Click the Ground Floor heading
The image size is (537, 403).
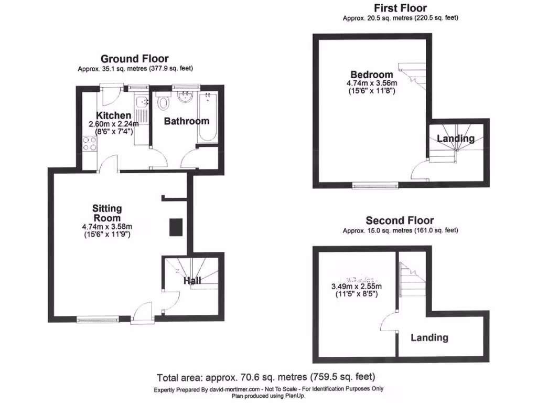pos(134,59)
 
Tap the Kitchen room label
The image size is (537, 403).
pos(113,115)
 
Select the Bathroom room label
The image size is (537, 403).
pos(187,121)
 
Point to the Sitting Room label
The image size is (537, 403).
pos(107,214)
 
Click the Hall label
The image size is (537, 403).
pos(192,281)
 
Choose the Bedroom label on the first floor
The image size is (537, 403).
pos(371,75)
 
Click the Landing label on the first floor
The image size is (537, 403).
pos(455,139)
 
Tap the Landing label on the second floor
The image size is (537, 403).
pos(429,337)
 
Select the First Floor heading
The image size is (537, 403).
pos(400,8)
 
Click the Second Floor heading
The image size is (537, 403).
pos(400,220)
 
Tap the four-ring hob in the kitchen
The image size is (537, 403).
pos(89,143)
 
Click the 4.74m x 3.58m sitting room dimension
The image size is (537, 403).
pos(107,227)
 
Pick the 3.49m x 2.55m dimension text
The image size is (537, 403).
pos(356,287)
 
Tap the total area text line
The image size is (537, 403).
pos(266,377)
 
